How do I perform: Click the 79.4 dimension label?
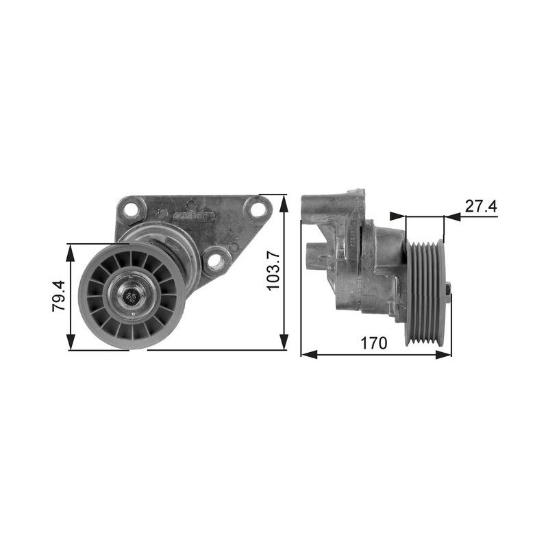(59, 296)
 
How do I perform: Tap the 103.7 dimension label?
(273, 271)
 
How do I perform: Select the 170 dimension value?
(373, 343)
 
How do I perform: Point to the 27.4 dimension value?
(481, 206)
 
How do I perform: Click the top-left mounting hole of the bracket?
(131, 209)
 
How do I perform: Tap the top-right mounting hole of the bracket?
(258, 209)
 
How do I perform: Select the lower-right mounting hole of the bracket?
(216, 260)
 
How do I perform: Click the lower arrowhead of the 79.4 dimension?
(71, 341)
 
